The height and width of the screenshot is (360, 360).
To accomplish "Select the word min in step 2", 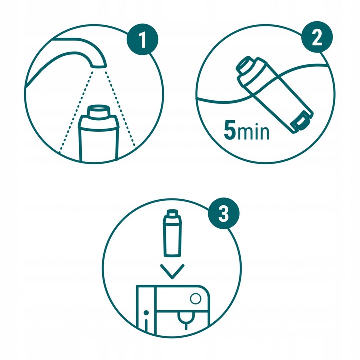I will click(x=253, y=132).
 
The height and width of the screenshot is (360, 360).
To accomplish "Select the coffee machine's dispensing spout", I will click(x=185, y=320).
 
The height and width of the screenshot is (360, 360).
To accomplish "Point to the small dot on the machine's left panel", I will click(x=145, y=313).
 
